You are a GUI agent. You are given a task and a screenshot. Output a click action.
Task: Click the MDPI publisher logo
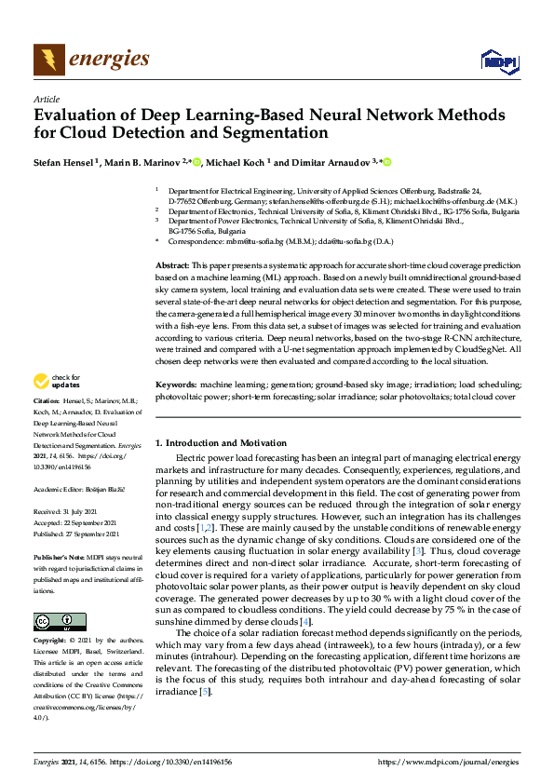[498, 61]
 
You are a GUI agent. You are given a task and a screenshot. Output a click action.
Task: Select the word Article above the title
[46, 99]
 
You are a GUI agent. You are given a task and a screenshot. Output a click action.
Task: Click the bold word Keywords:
[176, 384]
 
